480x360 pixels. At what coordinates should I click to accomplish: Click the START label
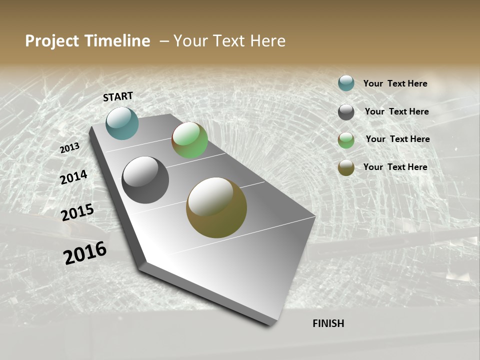(118, 96)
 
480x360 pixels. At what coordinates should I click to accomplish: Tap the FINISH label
(328, 323)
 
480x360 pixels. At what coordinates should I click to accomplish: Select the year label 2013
(69, 148)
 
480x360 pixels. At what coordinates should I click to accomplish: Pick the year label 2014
(73, 177)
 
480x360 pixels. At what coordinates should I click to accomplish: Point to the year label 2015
(77, 212)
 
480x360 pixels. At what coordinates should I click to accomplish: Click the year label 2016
(85, 253)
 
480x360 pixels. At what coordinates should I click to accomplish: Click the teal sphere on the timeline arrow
(122, 123)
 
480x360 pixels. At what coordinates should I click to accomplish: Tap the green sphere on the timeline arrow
(189, 140)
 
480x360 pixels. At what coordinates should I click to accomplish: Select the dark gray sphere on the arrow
(145, 180)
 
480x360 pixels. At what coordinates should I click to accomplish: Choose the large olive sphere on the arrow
(216, 207)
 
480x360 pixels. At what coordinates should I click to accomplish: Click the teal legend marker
(346, 83)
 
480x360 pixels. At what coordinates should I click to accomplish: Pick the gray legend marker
(346, 112)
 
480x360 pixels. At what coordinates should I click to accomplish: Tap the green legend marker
(346, 140)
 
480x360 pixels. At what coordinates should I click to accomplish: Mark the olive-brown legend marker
(346, 167)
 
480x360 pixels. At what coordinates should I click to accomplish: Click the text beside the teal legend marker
(395, 83)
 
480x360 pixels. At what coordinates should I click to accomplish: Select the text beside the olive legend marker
(395, 167)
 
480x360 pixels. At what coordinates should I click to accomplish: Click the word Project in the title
(52, 41)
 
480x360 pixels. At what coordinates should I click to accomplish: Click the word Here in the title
(267, 41)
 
